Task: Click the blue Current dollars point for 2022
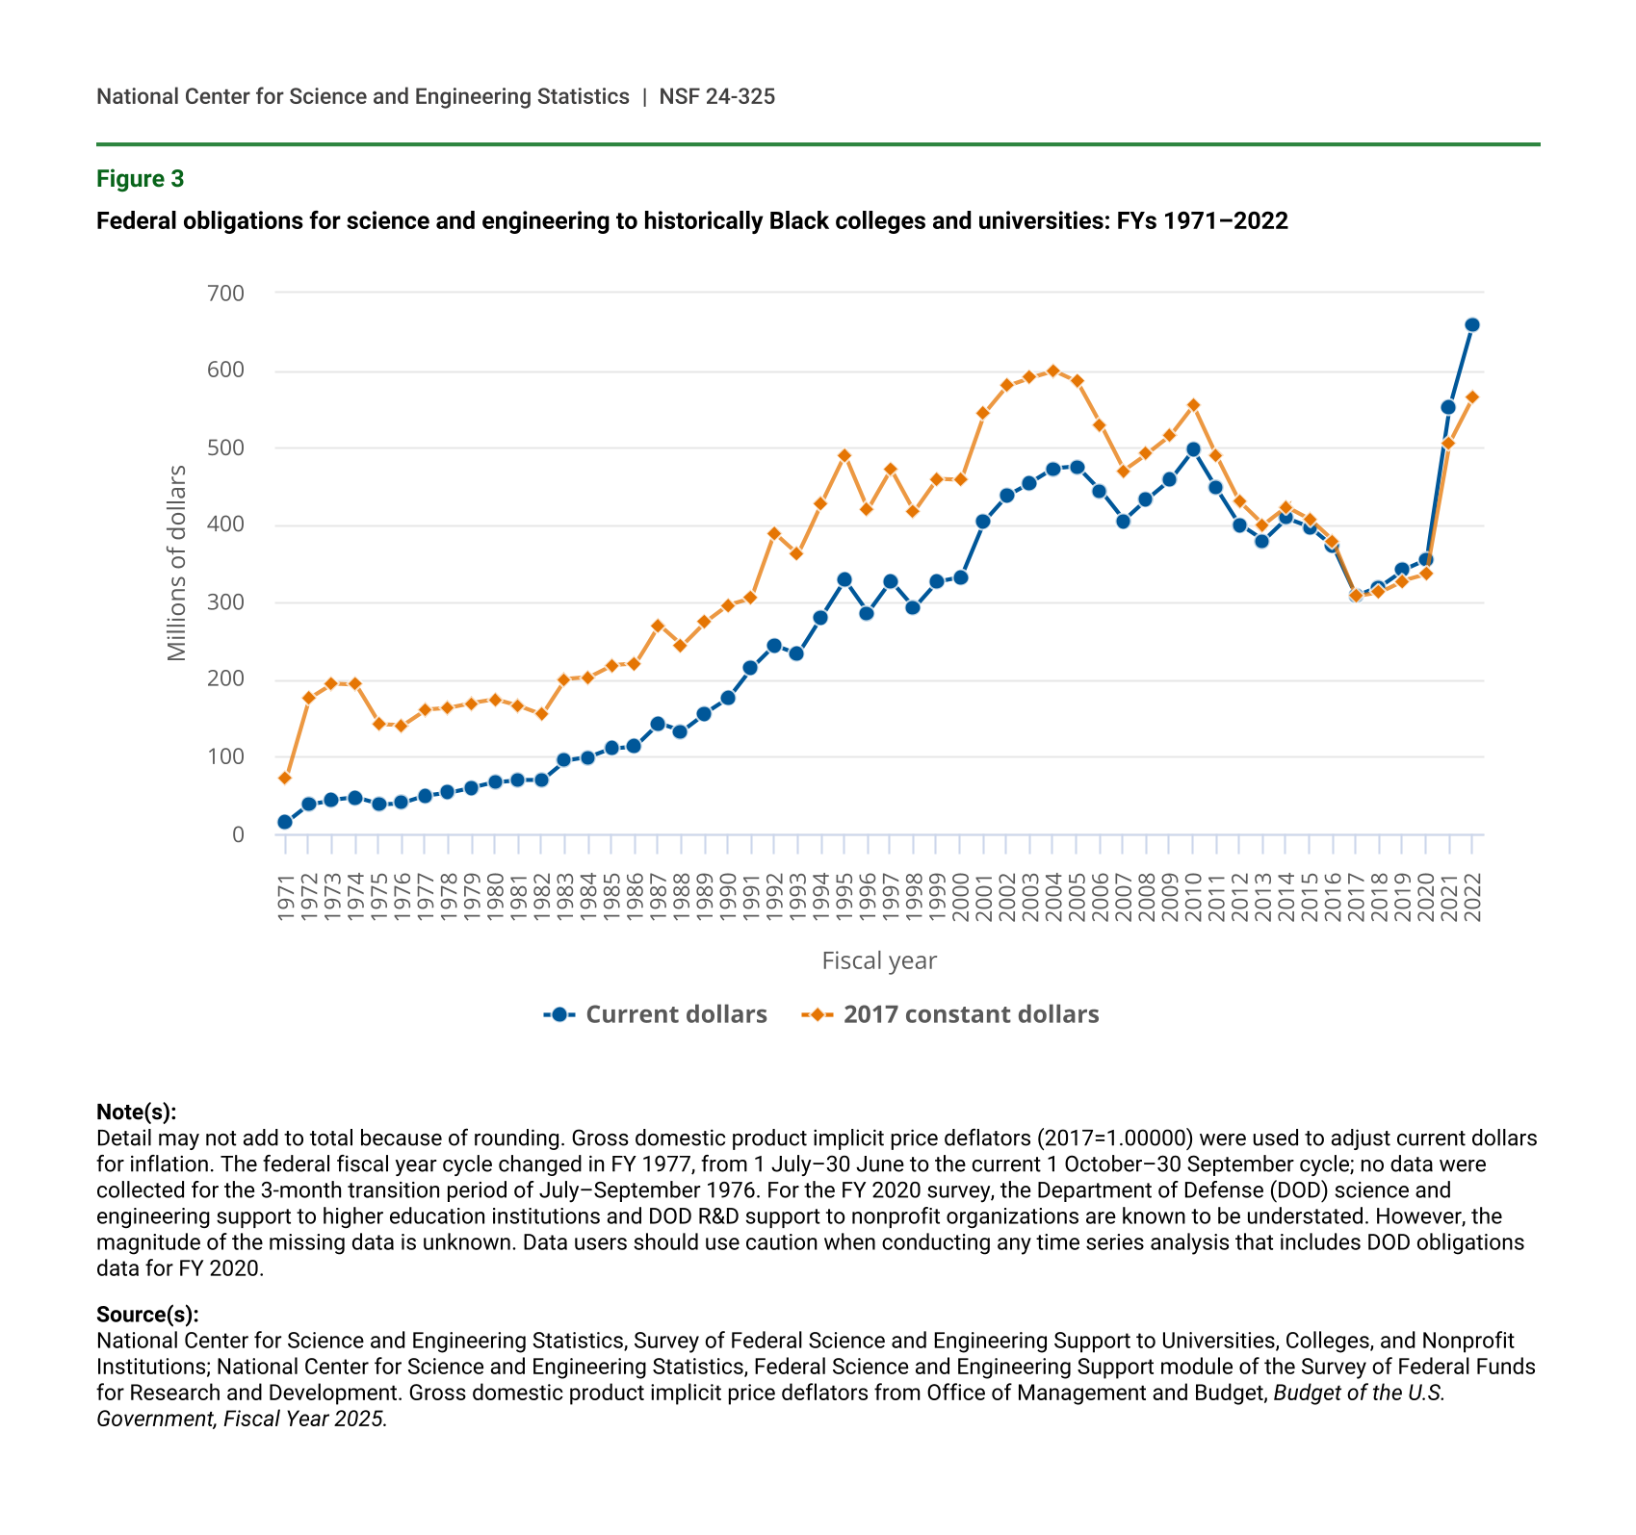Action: (1471, 325)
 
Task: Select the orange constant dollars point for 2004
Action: (1052, 371)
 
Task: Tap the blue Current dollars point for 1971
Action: (285, 822)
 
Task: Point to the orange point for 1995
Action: (844, 455)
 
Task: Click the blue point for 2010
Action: (1193, 449)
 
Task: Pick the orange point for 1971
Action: (285, 778)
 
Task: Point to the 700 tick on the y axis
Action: (225, 293)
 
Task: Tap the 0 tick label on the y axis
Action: (238, 834)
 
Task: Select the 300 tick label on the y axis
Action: (225, 602)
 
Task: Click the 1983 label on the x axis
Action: (565, 897)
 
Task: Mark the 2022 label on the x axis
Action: (1472, 897)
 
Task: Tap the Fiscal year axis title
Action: (879, 960)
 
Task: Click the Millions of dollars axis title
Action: (176, 563)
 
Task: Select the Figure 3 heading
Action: (140, 179)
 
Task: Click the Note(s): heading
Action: (137, 1112)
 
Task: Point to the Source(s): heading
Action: (147, 1315)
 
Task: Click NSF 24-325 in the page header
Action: (716, 96)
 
